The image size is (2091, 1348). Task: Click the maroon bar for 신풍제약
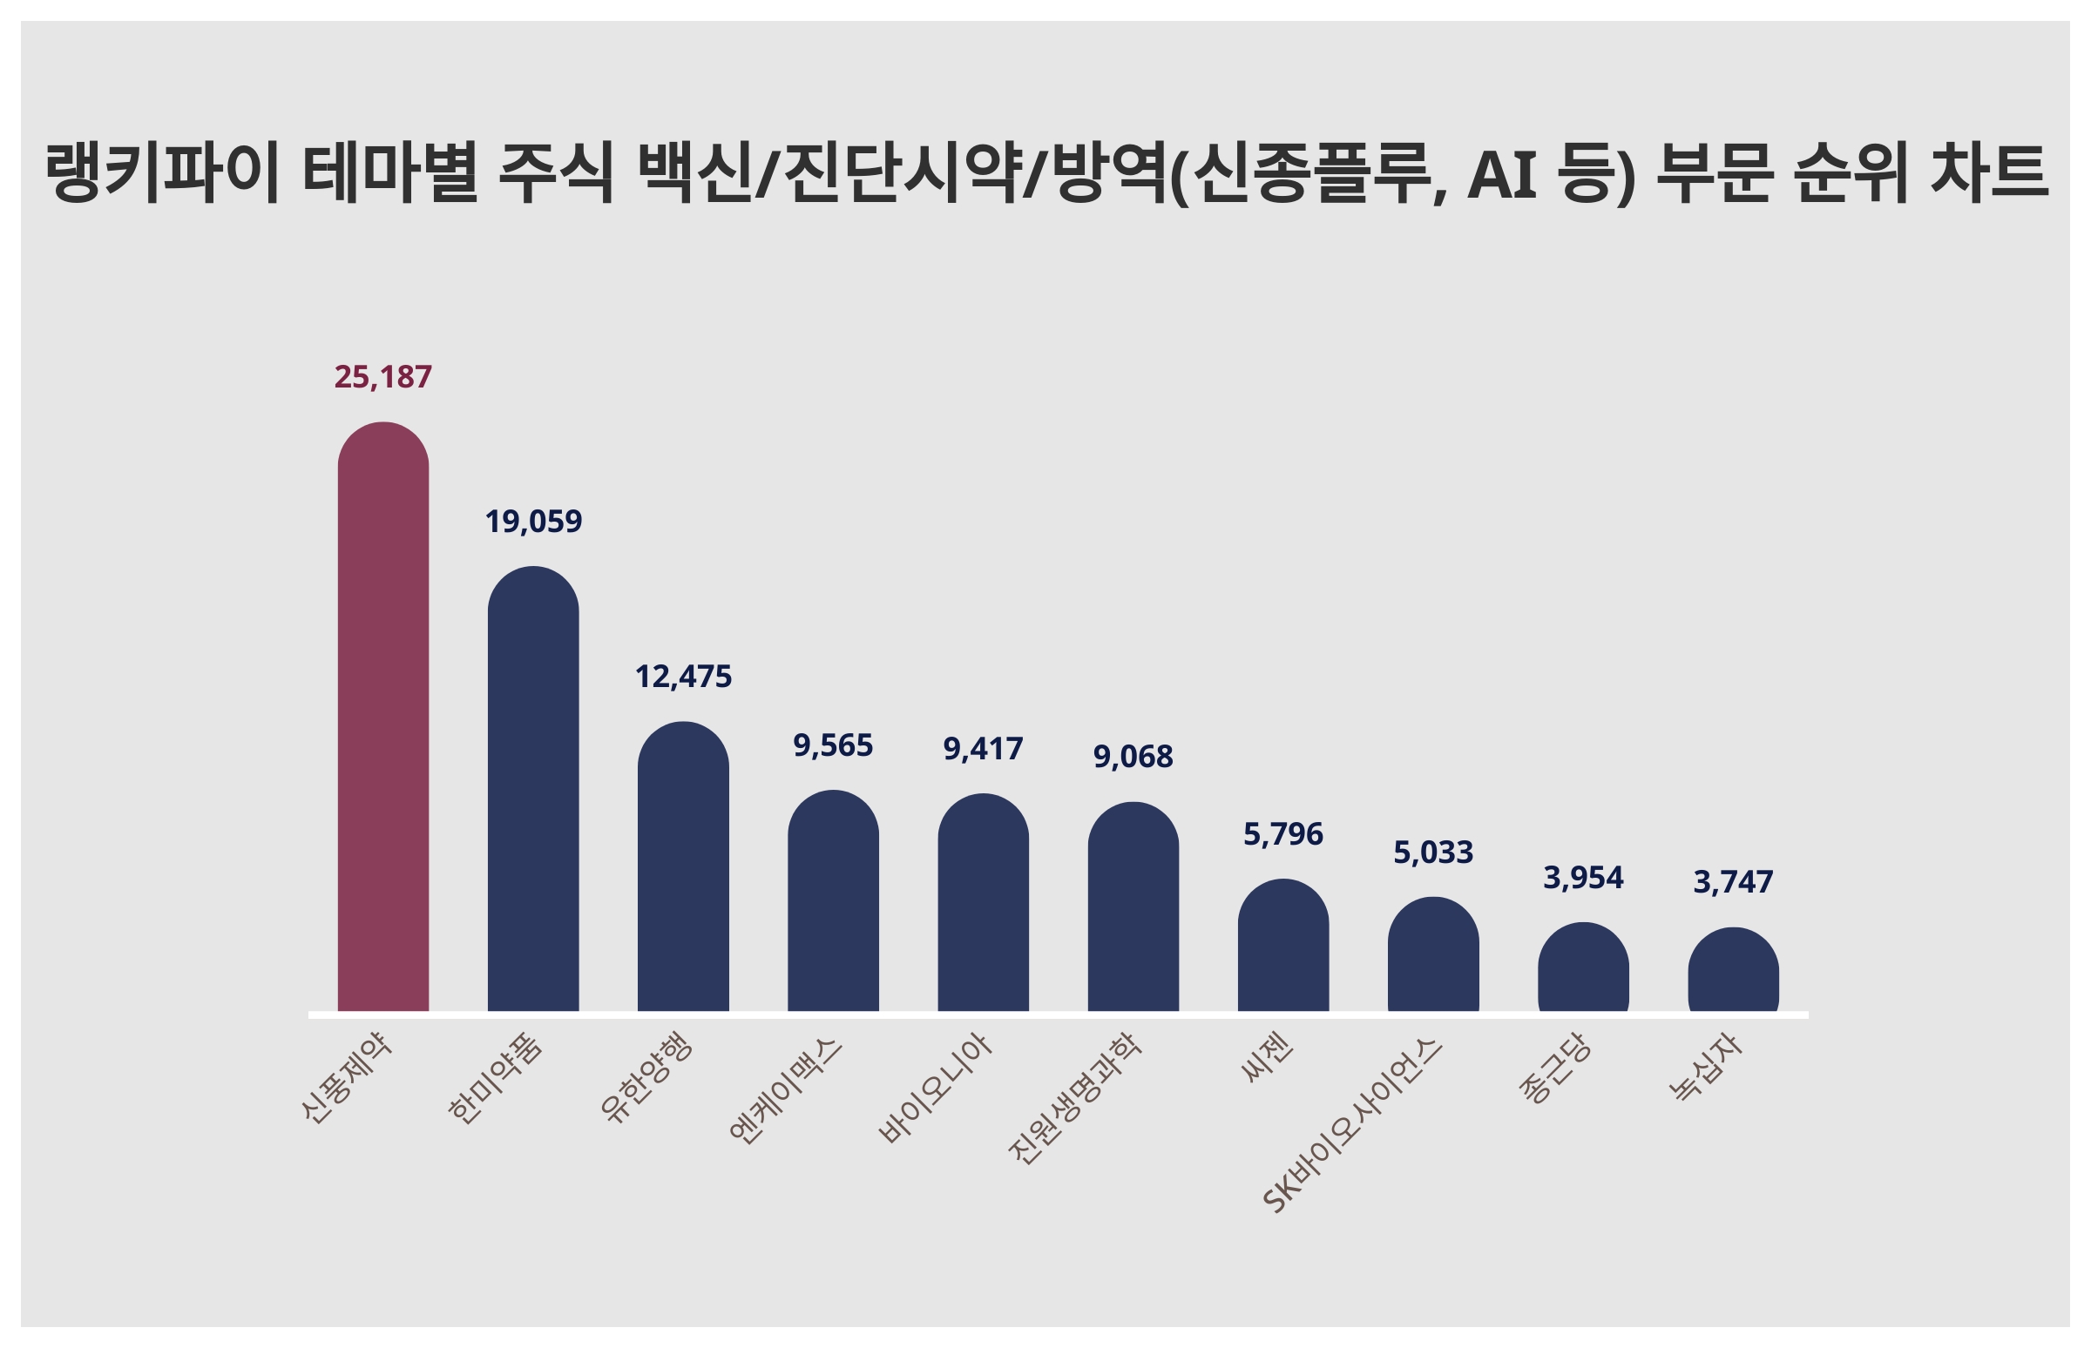click(x=382, y=718)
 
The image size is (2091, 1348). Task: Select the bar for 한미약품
click(x=532, y=790)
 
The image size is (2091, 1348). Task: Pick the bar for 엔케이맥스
click(x=833, y=901)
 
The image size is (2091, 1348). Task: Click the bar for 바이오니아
click(x=983, y=903)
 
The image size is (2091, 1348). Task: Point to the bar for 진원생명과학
click(x=1133, y=907)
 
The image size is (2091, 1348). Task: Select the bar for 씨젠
click(x=1282, y=947)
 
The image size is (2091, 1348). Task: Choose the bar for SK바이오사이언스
click(x=1432, y=955)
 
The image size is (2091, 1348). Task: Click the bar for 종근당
click(x=1583, y=968)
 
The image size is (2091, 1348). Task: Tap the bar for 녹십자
click(x=1733, y=971)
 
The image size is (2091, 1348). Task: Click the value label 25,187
click(x=382, y=377)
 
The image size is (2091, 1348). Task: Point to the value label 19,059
click(x=532, y=522)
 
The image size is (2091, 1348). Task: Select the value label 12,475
click(x=683, y=677)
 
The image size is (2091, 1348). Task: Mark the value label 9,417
click(x=983, y=749)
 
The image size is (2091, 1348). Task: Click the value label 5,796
click(x=1282, y=834)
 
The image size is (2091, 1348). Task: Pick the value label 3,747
click(x=1733, y=881)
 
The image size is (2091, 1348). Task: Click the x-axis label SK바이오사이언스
click(x=1353, y=1126)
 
